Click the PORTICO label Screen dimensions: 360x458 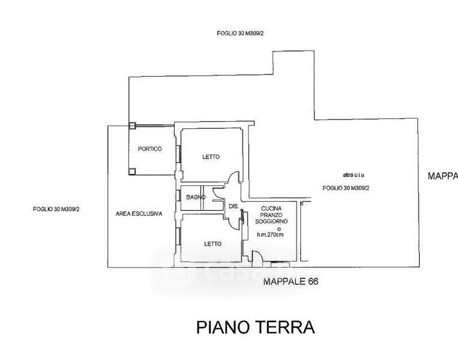tap(149, 149)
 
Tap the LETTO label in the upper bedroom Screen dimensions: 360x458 tap(211, 157)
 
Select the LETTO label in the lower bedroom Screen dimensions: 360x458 tap(212, 244)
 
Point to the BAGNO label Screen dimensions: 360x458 tap(196, 197)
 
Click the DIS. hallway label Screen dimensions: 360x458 tap(234, 206)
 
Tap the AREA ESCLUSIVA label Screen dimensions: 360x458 tap(139, 214)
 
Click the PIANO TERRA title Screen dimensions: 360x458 tap(256, 328)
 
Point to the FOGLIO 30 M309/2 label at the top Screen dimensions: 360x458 tap(241, 34)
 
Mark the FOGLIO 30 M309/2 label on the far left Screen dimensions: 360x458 tap(56, 209)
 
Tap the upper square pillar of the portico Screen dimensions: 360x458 tap(132, 125)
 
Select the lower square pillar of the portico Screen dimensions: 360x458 tap(132, 172)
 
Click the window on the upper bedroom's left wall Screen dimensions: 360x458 tap(178, 152)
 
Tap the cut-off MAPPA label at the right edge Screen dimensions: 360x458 tap(442, 176)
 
